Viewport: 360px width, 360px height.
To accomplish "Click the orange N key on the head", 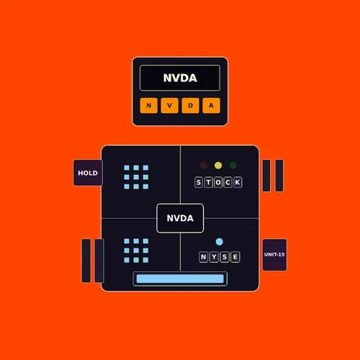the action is click(x=149, y=105).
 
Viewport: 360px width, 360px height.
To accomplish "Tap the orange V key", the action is click(x=170, y=105).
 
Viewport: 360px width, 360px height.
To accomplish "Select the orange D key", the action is click(x=190, y=105).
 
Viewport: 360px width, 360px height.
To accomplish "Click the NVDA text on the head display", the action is click(x=180, y=78).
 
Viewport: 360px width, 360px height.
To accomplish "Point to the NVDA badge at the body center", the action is click(x=180, y=218).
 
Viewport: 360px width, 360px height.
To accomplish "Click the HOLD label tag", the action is click(x=88, y=173).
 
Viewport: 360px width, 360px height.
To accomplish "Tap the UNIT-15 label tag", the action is click(x=274, y=255).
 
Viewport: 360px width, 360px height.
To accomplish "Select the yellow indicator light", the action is click(x=218, y=166).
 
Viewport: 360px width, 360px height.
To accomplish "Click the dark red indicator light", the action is click(x=204, y=166).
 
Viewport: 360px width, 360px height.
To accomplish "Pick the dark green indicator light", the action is click(x=233, y=166).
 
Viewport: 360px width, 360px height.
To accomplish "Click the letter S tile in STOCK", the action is click(x=199, y=182).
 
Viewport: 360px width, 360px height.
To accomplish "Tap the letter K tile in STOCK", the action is click(x=238, y=182).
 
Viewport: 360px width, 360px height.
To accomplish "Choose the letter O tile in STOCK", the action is click(x=218, y=182).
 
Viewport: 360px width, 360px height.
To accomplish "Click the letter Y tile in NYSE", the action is click(x=214, y=257).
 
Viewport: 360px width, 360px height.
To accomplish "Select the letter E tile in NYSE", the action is click(x=235, y=257).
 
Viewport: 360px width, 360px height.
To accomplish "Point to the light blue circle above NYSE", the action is click(x=220, y=242).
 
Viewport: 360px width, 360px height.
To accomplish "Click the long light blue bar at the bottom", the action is click(x=180, y=279).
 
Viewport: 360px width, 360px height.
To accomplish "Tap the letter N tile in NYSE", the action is click(x=204, y=257).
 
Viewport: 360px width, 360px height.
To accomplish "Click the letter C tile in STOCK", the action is click(x=228, y=182).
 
